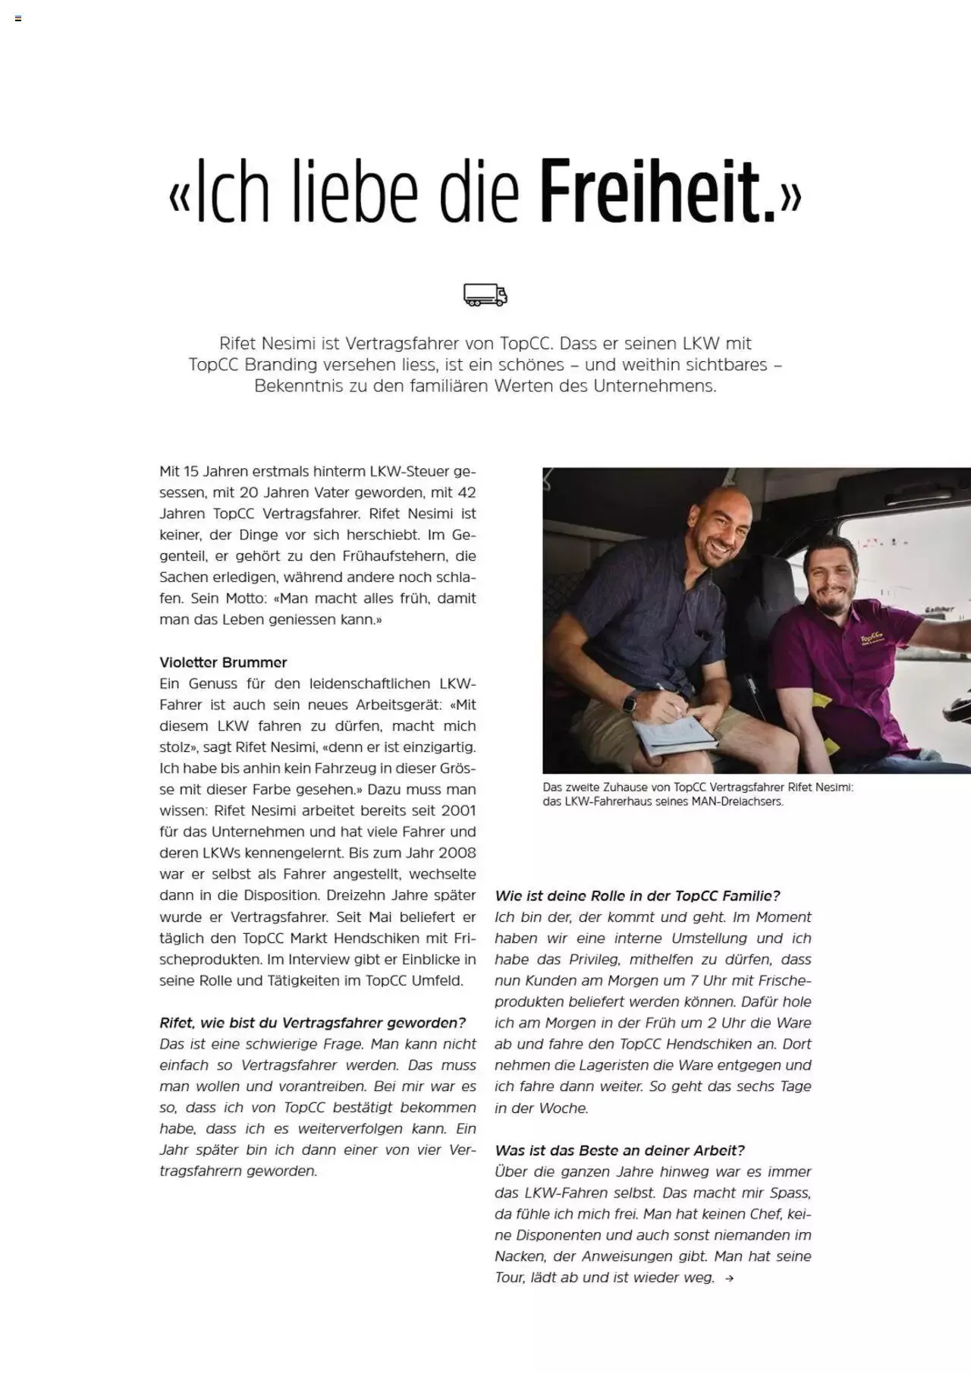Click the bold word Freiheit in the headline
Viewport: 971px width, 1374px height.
[x=658, y=191]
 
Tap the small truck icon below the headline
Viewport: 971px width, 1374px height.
[x=485, y=294]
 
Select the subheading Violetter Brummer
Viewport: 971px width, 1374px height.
[x=223, y=662]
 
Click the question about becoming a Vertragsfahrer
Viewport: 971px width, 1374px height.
[x=313, y=1023]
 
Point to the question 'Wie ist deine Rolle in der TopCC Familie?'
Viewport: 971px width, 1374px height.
[x=637, y=895]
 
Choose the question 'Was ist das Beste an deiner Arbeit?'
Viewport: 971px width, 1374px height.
[x=620, y=1150]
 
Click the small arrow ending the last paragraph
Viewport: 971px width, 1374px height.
[x=729, y=1278]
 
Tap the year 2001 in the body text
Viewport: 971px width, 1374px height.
[x=458, y=810]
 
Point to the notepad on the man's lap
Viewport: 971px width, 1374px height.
[x=674, y=735]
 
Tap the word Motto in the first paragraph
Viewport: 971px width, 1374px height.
[x=246, y=598]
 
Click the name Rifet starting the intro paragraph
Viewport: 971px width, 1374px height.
[x=237, y=343]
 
